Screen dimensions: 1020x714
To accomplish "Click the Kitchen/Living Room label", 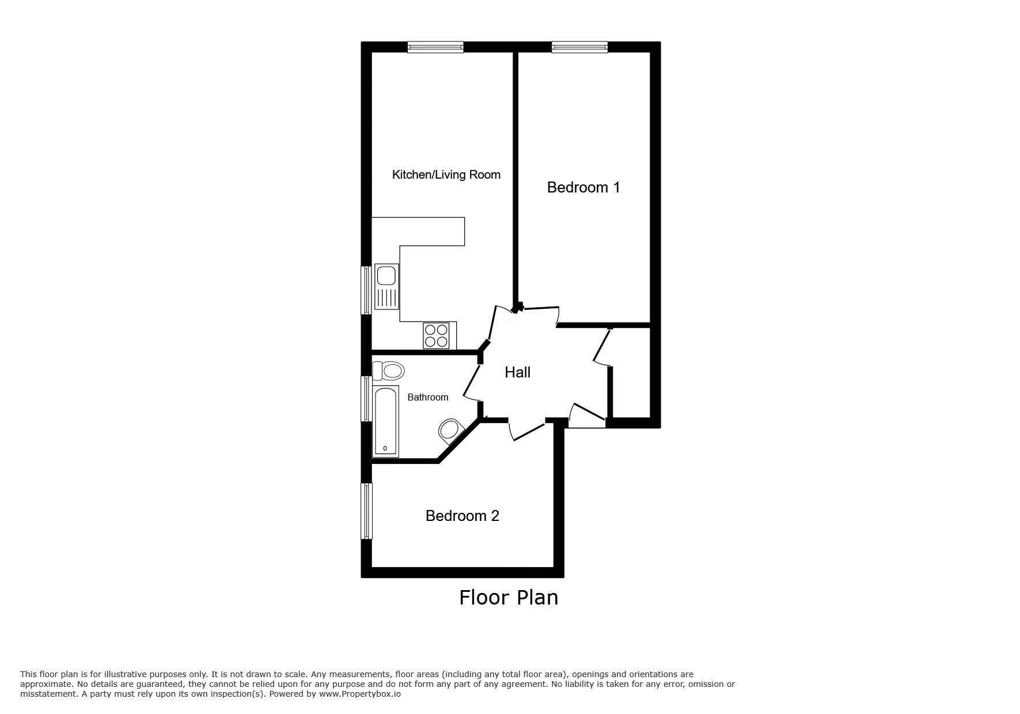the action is [x=446, y=175].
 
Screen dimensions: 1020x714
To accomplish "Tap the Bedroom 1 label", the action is [x=583, y=187].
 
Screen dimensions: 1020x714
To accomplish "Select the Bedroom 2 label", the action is [x=462, y=516].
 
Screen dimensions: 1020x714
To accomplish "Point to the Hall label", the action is [x=517, y=372].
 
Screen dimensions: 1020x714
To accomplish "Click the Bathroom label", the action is [x=427, y=397].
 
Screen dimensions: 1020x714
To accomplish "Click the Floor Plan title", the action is [x=509, y=598].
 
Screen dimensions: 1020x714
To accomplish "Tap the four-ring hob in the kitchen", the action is [x=436, y=335].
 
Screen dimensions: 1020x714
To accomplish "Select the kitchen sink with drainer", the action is [x=386, y=286].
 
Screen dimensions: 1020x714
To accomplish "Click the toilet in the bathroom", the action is [x=388, y=371].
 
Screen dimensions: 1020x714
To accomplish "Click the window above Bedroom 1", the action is [x=579, y=47].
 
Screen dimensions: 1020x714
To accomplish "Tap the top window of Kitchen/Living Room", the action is [x=435, y=47].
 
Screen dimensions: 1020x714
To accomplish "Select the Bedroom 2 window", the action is [x=366, y=511].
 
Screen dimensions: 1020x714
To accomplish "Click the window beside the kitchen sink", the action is [x=366, y=290].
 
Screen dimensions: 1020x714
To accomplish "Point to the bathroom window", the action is [x=366, y=398].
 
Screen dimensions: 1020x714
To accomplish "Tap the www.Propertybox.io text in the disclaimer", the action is [x=359, y=694].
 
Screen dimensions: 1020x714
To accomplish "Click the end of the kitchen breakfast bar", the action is [x=464, y=231].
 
